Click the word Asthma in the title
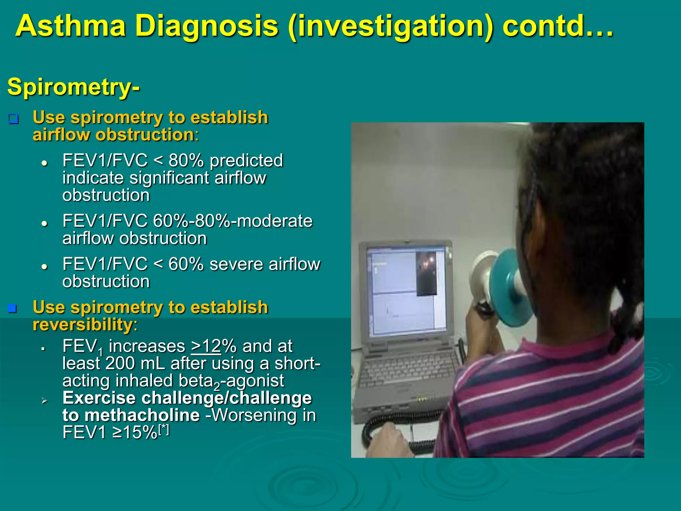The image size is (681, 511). (x=70, y=26)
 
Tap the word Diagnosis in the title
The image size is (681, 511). (x=206, y=26)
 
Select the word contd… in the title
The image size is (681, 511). (x=557, y=26)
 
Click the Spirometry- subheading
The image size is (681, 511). (x=73, y=87)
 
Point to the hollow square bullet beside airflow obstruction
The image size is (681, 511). (x=13, y=118)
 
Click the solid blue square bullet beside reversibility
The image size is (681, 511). (x=13, y=308)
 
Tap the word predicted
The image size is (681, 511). (x=246, y=160)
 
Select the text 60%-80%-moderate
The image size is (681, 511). (x=232, y=221)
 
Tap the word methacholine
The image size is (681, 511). (x=142, y=415)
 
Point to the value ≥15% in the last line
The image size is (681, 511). (x=135, y=432)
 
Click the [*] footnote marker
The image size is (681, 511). (x=164, y=429)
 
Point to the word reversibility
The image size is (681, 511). (x=82, y=325)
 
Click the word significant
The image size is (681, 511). (x=170, y=178)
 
